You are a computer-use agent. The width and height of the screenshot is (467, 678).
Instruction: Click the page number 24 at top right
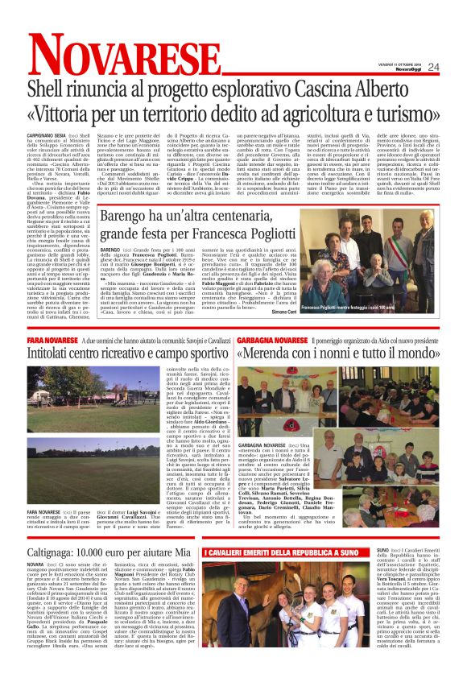tap(432, 67)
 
